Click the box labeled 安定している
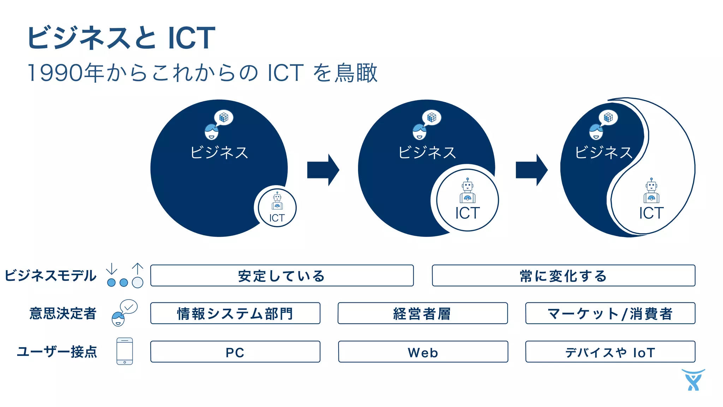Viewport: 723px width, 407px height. click(x=282, y=276)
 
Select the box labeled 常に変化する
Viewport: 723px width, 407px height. click(x=563, y=276)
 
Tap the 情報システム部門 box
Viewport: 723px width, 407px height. click(x=235, y=313)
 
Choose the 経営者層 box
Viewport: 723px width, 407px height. click(x=423, y=313)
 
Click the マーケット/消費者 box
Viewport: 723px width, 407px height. click(x=610, y=313)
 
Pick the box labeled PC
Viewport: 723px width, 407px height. click(x=235, y=352)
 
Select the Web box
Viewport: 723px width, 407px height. click(x=423, y=352)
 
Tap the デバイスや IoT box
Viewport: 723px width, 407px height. click(x=610, y=352)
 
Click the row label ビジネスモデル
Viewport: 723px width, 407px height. click(x=50, y=276)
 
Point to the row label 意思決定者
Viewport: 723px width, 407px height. click(x=63, y=313)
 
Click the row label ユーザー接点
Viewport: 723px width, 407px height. click(x=57, y=352)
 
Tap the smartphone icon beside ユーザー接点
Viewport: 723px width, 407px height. click(x=125, y=351)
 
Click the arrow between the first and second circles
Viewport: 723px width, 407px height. click(x=323, y=170)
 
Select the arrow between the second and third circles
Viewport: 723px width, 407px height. click(x=531, y=170)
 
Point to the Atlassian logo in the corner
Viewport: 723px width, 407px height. click(x=693, y=380)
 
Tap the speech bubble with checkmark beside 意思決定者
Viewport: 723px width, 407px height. click(x=129, y=307)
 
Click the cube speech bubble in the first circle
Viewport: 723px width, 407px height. click(x=224, y=117)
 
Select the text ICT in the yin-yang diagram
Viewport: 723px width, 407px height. click(x=651, y=213)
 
